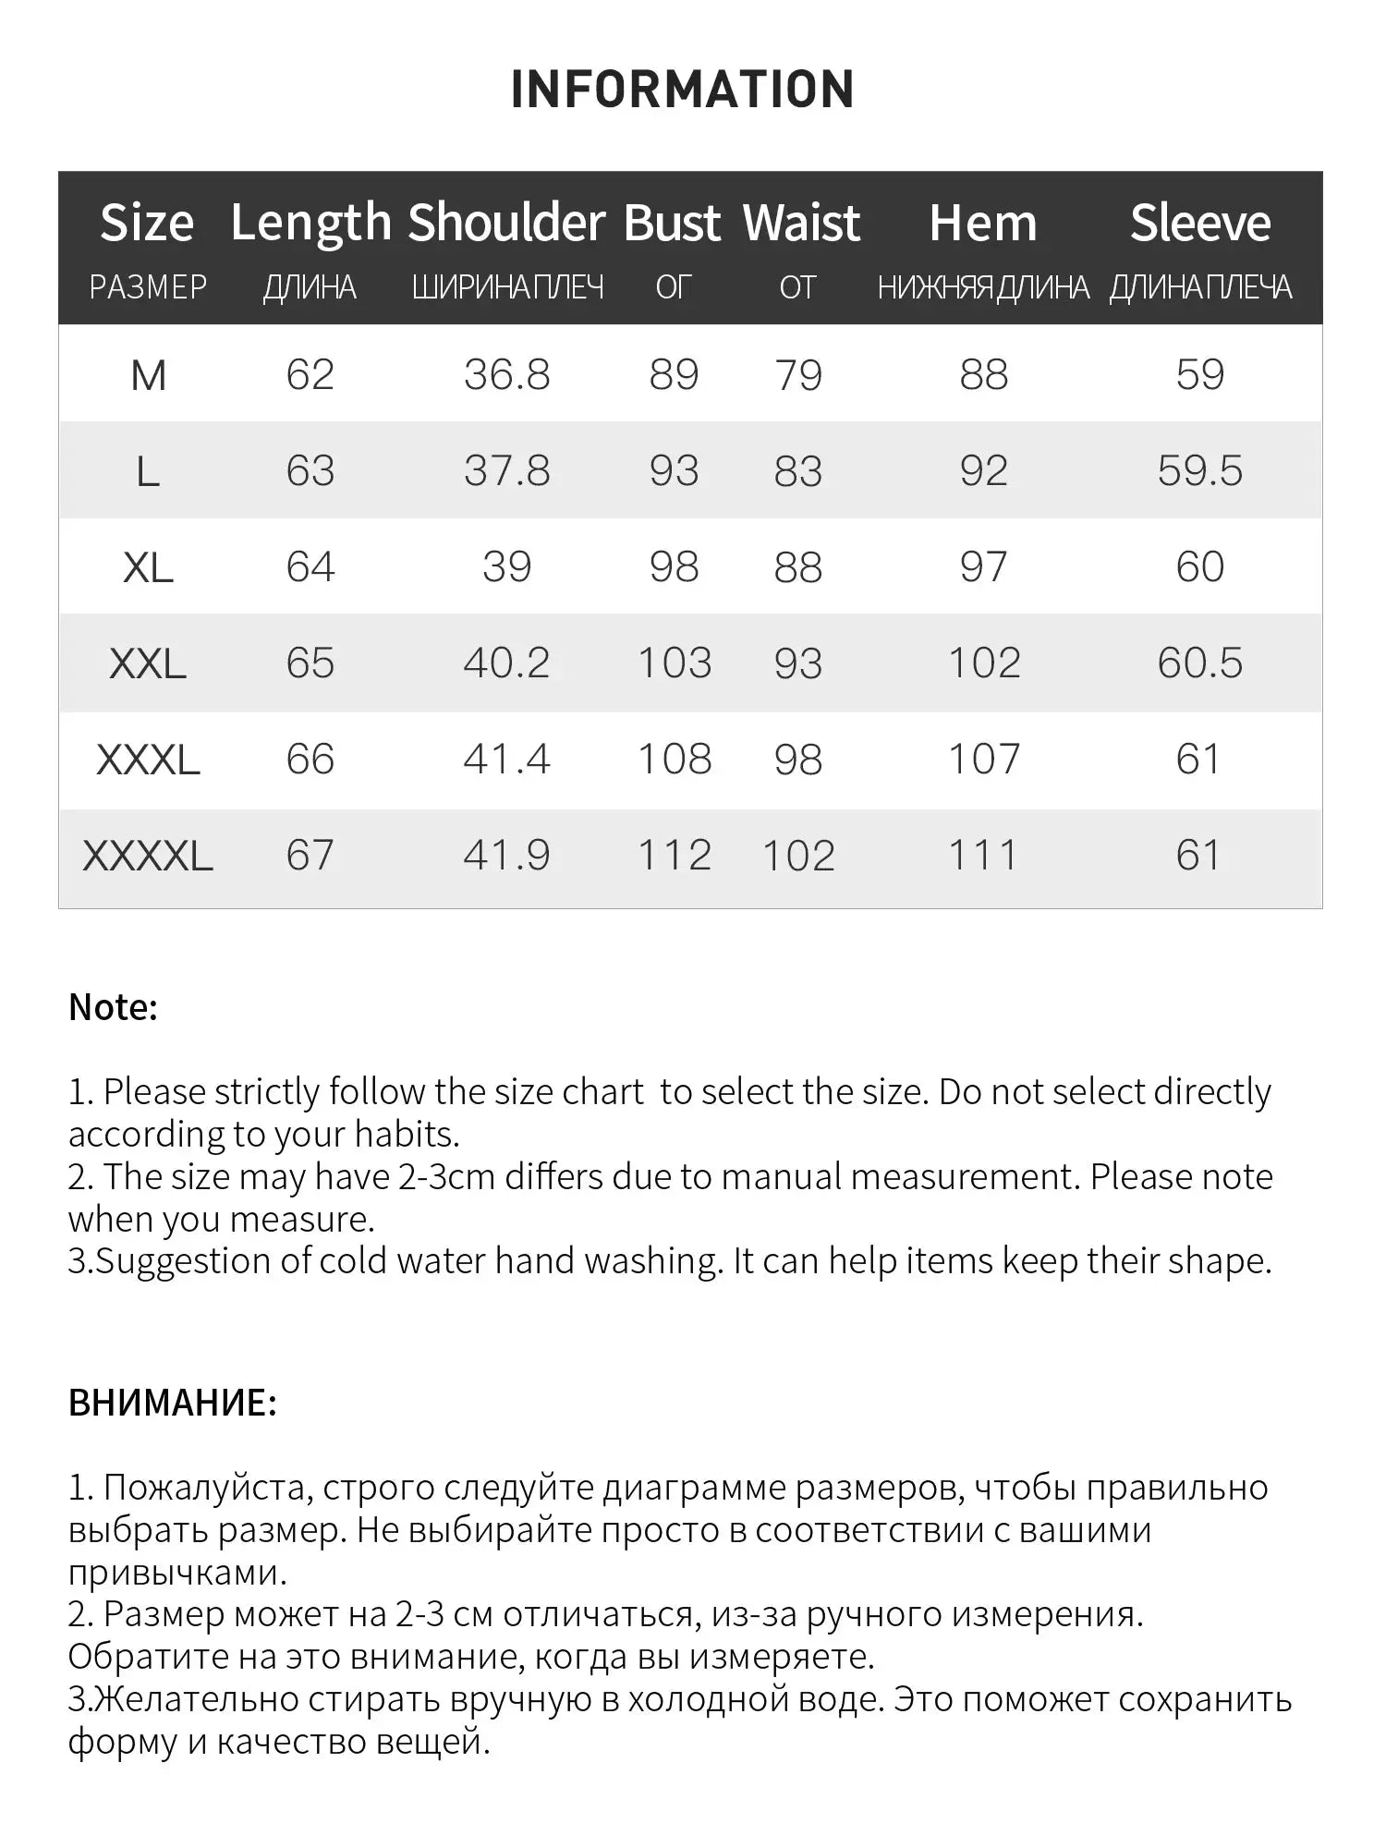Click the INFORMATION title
pyautogui.click(x=683, y=90)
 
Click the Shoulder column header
pyautogui.click(x=506, y=223)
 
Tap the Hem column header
pyautogui.click(x=982, y=223)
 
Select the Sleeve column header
pyautogui.click(x=1200, y=223)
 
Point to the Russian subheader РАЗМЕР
pyautogui.click(x=148, y=287)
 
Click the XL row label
pyautogui.click(x=148, y=567)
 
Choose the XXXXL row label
pyautogui.click(x=148, y=856)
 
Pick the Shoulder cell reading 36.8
pyautogui.click(x=506, y=375)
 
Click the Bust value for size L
pyautogui.click(x=674, y=471)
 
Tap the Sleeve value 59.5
pyautogui.click(x=1199, y=471)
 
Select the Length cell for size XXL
pyautogui.click(x=310, y=663)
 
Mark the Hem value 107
pyautogui.click(x=983, y=760)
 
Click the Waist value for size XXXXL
pyautogui.click(x=798, y=856)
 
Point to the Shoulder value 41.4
pyautogui.click(x=506, y=760)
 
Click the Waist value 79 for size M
pyautogui.click(x=798, y=375)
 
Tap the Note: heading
pyautogui.click(x=113, y=1007)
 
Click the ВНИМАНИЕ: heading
pyautogui.click(x=172, y=1403)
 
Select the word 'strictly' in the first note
pyautogui.click(x=267, y=1092)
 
